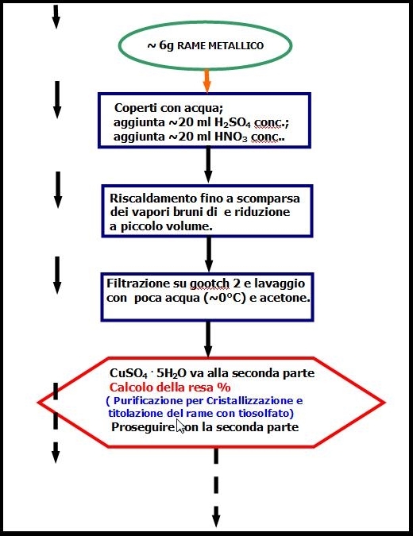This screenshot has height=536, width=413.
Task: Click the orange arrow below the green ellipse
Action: point(206,81)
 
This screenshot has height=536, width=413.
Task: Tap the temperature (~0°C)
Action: point(225,298)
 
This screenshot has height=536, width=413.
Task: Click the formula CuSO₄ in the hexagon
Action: point(129,373)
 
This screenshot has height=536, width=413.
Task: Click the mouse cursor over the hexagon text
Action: point(180,426)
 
